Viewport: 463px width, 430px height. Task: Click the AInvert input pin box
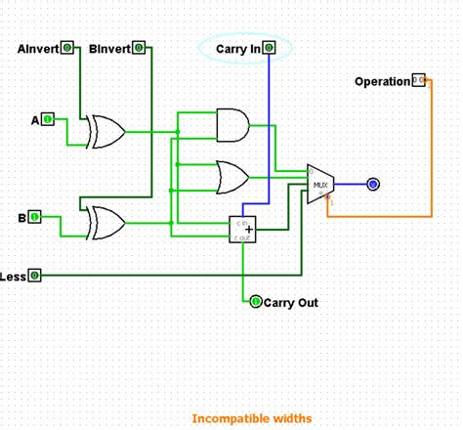[66, 48]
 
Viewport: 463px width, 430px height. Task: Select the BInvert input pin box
[139, 48]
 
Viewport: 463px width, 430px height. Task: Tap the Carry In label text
[238, 48]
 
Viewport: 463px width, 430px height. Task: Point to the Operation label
[382, 81]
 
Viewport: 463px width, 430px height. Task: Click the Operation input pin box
[418, 80]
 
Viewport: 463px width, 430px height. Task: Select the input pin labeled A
[47, 119]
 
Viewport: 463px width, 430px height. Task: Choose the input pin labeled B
[35, 217]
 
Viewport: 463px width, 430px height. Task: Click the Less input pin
[35, 276]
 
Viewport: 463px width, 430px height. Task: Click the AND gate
[231, 124]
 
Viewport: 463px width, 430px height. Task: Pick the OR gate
[231, 177]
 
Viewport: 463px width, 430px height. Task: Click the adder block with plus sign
[243, 230]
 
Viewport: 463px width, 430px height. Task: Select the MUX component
[320, 184]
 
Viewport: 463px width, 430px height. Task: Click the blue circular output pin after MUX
[372, 184]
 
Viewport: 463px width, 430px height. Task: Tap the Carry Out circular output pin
[256, 302]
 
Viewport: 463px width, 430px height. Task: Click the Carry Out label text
[291, 303]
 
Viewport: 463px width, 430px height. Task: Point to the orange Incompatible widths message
[252, 418]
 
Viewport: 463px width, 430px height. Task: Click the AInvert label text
[38, 48]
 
